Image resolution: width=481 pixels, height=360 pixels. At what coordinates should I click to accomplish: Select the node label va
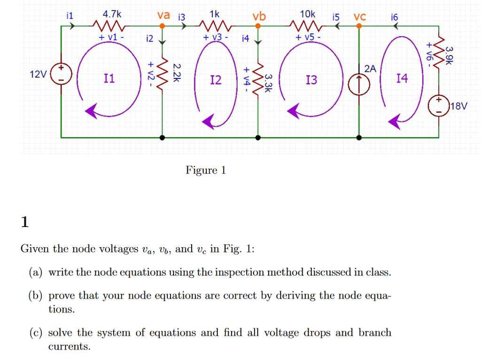(x=163, y=15)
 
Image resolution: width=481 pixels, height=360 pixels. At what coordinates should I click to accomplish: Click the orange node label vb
(x=259, y=17)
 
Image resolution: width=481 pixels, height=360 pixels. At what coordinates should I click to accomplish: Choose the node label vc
(x=360, y=17)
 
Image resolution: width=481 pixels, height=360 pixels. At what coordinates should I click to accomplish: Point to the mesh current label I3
(x=311, y=80)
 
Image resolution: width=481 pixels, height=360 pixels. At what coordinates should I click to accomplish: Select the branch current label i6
(x=394, y=17)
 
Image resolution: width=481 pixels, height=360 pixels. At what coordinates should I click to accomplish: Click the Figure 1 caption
(x=206, y=170)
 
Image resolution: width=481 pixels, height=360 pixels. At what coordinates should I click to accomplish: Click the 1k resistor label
(x=214, y=15)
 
